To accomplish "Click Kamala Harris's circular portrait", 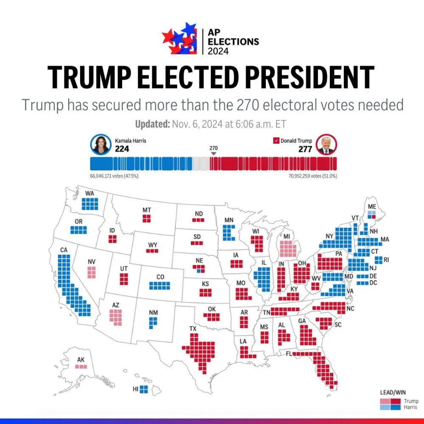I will coord(100,145).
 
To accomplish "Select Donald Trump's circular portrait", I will coord(326,145).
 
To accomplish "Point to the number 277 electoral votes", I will coord(305,149).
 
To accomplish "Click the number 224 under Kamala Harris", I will coord(122,149).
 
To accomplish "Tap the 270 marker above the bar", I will coord(213,148).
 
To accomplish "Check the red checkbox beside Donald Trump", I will coord(276,141).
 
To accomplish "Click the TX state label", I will coord(193,329).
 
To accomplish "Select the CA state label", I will coord(64,250).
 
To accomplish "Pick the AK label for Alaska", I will coord(81,360).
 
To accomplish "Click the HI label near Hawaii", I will coord(136,388).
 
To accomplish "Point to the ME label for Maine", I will coord(372,206).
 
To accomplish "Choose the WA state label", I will coord(89,193).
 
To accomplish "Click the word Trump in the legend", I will coord(411,401).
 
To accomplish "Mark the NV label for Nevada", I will coord(92,262).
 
